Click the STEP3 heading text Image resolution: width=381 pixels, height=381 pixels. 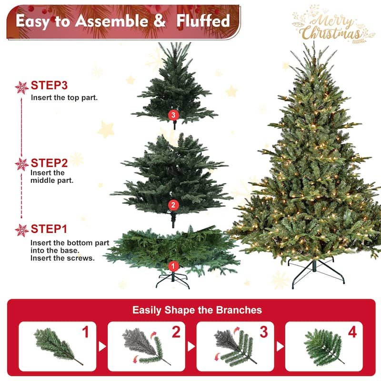[x=49, y=86]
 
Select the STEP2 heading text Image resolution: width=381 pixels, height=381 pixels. [x=49, y=162]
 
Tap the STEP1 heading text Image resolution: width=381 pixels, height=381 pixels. [x=49, y=229]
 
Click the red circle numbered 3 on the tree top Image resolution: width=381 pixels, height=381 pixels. [x=173, y=115]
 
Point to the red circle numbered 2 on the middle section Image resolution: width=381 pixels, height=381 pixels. [x=173, y=205]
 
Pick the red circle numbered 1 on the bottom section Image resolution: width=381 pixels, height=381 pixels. [x=173, y=266]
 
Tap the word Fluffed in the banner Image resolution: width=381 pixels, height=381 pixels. [x=203, y=20]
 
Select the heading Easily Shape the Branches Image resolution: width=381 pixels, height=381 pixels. [x=197, y=310]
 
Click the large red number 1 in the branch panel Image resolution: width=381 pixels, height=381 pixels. [x=86, y=332]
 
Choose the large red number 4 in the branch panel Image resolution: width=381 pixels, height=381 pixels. [x=352, y=332]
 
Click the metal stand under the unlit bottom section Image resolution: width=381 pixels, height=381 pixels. [x=173, y=280]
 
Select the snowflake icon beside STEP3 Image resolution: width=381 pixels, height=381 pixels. [x=22, y=87]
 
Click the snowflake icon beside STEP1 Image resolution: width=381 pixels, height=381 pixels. [x=22, y=230]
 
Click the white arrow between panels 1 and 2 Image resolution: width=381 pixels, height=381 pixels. [x=102, y=346]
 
